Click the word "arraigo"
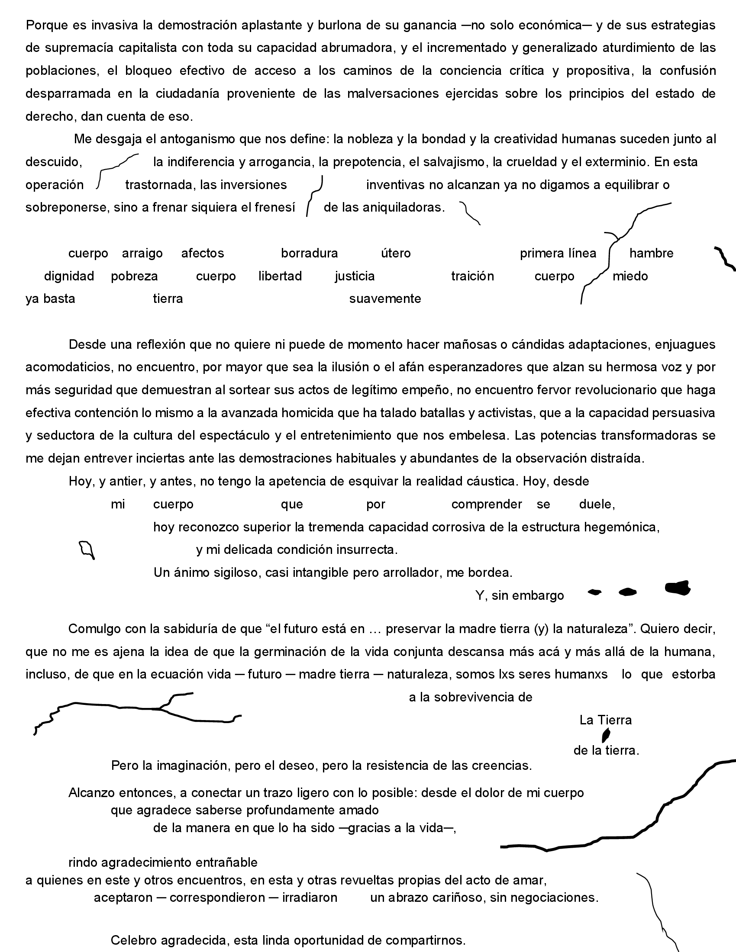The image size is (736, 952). click(142, 253)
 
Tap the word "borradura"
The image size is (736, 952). click(309, 253)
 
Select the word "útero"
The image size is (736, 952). click(395, 253)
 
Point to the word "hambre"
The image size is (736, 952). click(651, 253)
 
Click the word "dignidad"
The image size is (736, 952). click(69, 276)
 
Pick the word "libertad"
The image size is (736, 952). click(280, 276)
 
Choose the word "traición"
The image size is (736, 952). click(472, 276)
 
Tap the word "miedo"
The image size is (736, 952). click(630, 276)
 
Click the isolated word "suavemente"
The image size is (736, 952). click(385, 299)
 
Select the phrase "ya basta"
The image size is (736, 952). click(50, 299)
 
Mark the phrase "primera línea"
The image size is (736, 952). click(558, 253)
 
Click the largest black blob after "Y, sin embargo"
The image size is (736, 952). click(677, 588)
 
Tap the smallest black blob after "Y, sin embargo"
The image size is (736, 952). click(594, 592)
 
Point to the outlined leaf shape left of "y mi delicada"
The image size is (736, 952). click(86, 550)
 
